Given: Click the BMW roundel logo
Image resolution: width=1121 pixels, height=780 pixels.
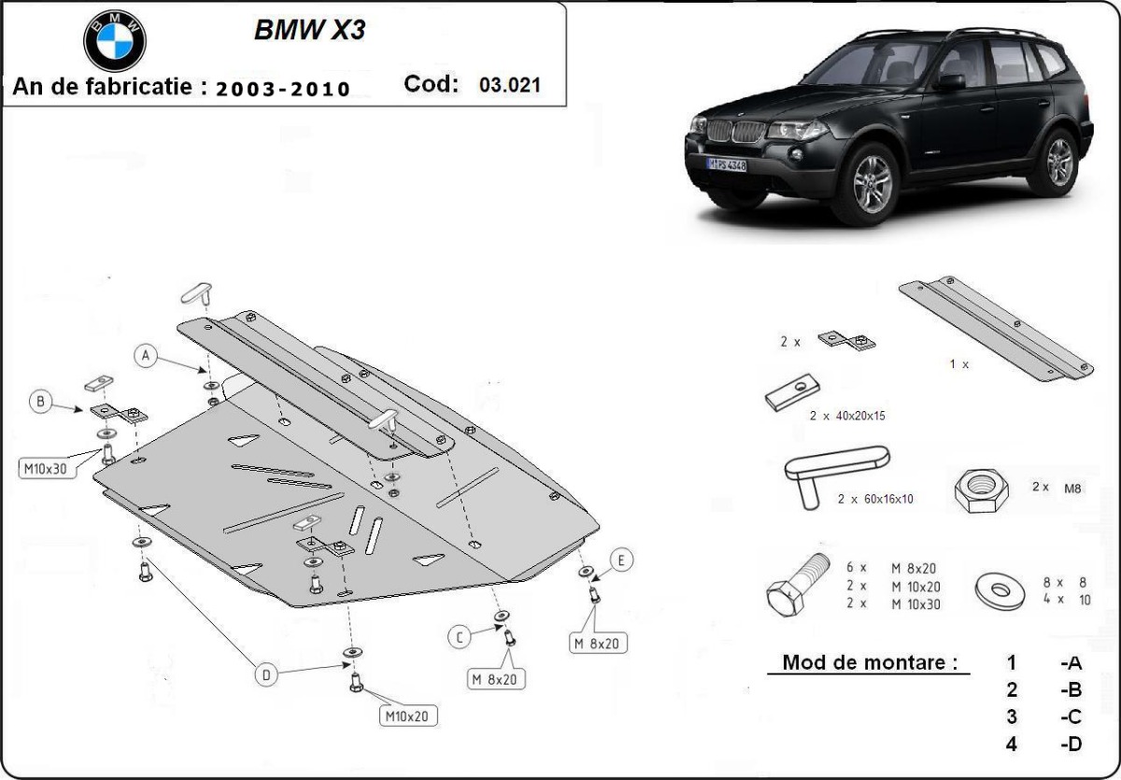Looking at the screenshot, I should (115, 40).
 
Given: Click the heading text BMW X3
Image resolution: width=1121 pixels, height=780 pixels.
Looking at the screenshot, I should (309, 31).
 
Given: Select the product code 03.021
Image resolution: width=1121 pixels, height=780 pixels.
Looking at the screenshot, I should (509, 85).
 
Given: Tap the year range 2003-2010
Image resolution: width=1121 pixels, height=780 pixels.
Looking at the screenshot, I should (283, 89).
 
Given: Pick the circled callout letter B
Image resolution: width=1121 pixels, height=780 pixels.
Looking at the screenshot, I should (40, 402).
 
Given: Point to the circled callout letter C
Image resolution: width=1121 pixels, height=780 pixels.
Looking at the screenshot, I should (459, 637).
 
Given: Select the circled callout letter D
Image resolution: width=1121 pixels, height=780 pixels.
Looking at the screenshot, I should (267, 675).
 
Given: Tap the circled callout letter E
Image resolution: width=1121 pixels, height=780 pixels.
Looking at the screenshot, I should (621, 560).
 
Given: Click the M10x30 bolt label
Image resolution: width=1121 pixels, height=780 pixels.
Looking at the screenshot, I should (44, 469).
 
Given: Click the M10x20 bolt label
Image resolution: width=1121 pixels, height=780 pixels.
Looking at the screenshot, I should (408, 716).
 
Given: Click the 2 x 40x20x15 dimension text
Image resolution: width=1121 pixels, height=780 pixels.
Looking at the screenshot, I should (847, 416).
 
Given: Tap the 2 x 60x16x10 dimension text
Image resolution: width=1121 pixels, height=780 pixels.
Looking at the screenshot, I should (875, 500).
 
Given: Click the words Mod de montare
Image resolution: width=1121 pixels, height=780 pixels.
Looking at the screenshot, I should (869, 662).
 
